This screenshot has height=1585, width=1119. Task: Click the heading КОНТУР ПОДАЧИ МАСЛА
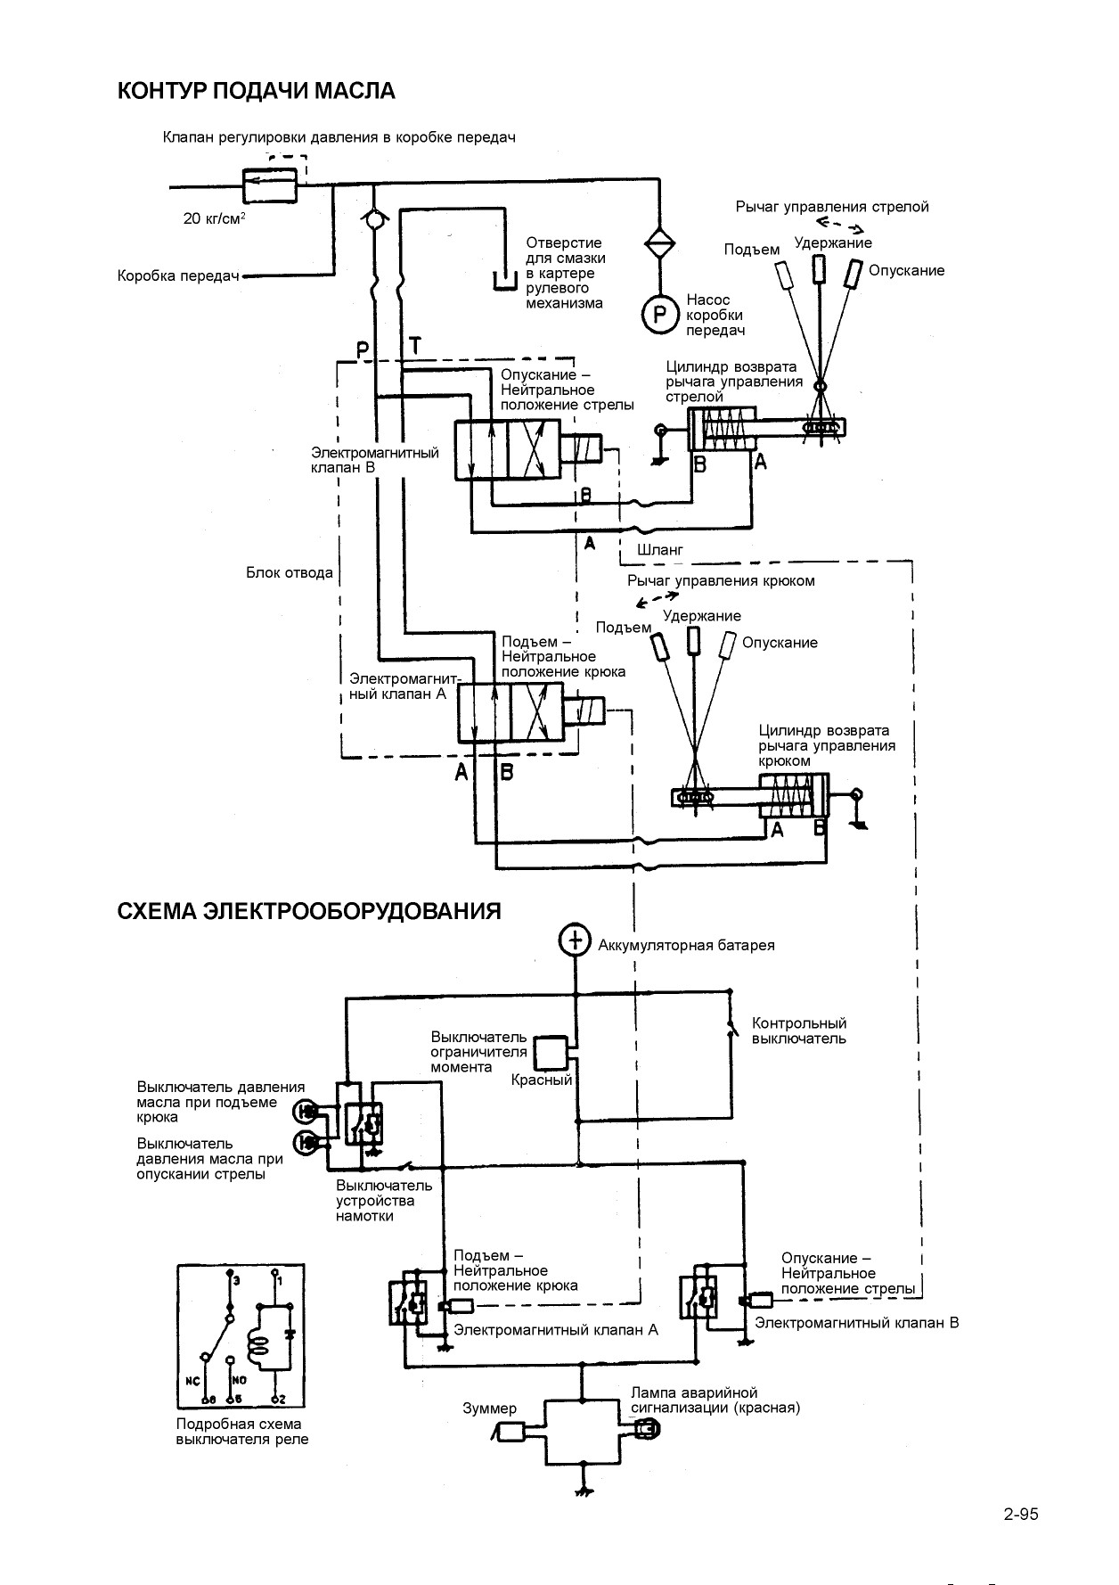[x=257, y=91]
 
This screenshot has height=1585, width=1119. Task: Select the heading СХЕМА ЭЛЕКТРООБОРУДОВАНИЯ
[x=309, y=911]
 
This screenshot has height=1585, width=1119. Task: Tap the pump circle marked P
[x=660, y=314]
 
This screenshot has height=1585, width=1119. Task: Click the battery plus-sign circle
[x=575, y=939]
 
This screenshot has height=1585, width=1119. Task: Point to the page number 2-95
[x=1021, y=1514]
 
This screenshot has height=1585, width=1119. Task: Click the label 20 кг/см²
[x=215, y=218]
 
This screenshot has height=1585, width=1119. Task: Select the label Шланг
[x=660, y=550]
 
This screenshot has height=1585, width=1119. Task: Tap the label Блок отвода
[x=290, y=572]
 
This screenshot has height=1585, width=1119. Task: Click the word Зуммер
[x=489, y=1408]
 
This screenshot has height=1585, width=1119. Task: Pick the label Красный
[x=542, y=1080]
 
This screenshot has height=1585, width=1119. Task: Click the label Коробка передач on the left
[x=180, y=276]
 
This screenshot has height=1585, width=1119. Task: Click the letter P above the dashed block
[x=363, y=350]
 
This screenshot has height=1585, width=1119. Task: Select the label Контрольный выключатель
[x=799, y=1031]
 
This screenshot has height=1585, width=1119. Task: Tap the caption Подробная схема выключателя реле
[x=242, y=1432]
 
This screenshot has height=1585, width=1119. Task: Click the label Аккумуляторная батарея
[x=687, y=945]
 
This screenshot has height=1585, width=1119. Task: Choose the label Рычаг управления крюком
[x=721, y=581]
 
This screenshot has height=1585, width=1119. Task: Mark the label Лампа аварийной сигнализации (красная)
[x=715, y=1400]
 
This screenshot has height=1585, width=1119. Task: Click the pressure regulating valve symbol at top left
[x=271, y=186]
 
